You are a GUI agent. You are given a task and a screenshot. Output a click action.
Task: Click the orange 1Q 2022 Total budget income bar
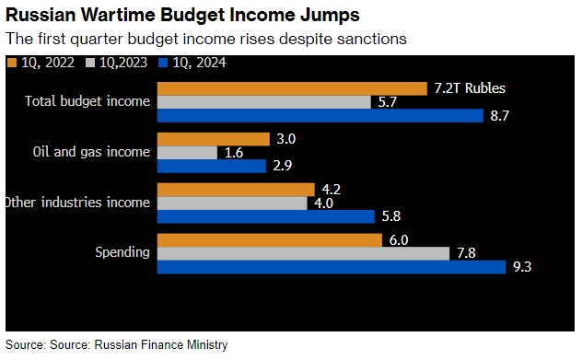293,88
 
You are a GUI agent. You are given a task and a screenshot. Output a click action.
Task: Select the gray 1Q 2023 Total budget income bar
265,102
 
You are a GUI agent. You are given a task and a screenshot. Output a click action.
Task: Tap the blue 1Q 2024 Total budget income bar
320,116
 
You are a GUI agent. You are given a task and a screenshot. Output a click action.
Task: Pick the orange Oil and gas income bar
214,139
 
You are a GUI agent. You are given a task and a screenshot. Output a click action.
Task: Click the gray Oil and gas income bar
188,153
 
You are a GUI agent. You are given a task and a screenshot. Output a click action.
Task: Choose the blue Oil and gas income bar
212,167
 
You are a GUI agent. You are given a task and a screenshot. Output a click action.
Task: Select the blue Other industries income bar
266,217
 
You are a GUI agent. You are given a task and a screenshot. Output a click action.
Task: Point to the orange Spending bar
270,240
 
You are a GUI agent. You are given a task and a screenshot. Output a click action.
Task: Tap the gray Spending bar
304,253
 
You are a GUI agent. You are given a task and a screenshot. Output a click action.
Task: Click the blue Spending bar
332,267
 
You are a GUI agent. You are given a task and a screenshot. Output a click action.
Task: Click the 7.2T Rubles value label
470,88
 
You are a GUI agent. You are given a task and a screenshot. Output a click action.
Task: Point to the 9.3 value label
523,267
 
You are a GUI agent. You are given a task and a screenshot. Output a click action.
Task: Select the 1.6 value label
234,153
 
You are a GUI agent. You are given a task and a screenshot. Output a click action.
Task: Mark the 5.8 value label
391,217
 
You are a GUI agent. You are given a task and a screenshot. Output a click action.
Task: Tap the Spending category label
122,252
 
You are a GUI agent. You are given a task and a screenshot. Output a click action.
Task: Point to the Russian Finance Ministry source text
160,344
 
